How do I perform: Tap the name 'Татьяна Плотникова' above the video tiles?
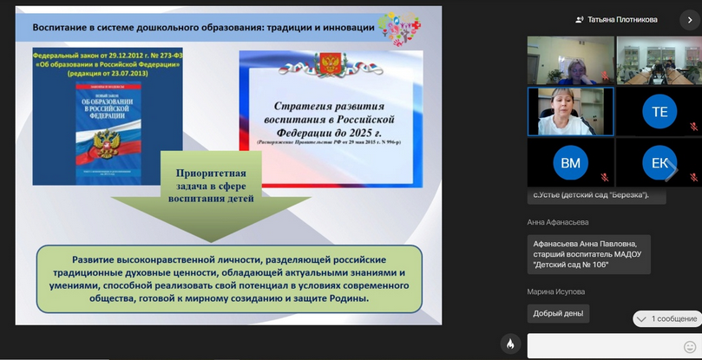(x=622, y=19)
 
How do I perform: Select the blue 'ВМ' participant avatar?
(x=570, y=162)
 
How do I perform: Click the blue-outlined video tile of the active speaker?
(x=570, y=111)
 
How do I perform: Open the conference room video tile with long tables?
(x=659, y=60)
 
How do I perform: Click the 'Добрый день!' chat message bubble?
(x=558, y=313)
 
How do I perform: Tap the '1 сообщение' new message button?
(x=666, y=318)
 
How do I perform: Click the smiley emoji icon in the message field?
(x=690, y=347)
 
